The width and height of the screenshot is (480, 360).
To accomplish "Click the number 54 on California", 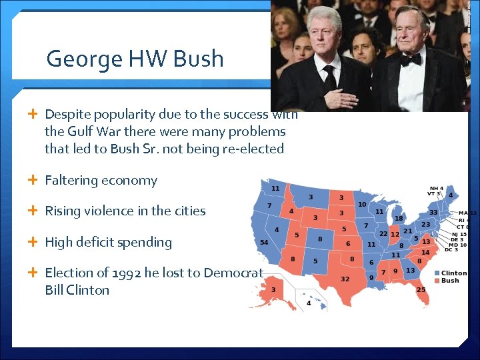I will coord(264,242).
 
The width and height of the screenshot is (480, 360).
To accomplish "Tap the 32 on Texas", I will coord(345,278).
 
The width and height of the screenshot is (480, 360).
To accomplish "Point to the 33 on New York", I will coord(433,213).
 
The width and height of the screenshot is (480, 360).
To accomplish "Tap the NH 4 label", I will coord(436,189).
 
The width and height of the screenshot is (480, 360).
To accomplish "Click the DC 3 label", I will coord(451,249).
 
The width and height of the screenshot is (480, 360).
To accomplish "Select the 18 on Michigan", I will coord(398,218).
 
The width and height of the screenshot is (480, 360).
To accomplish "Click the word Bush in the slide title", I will coord(198,59).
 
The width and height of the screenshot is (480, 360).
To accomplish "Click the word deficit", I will coord(105,242).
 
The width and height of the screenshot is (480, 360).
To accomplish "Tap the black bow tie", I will coord(411,59).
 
